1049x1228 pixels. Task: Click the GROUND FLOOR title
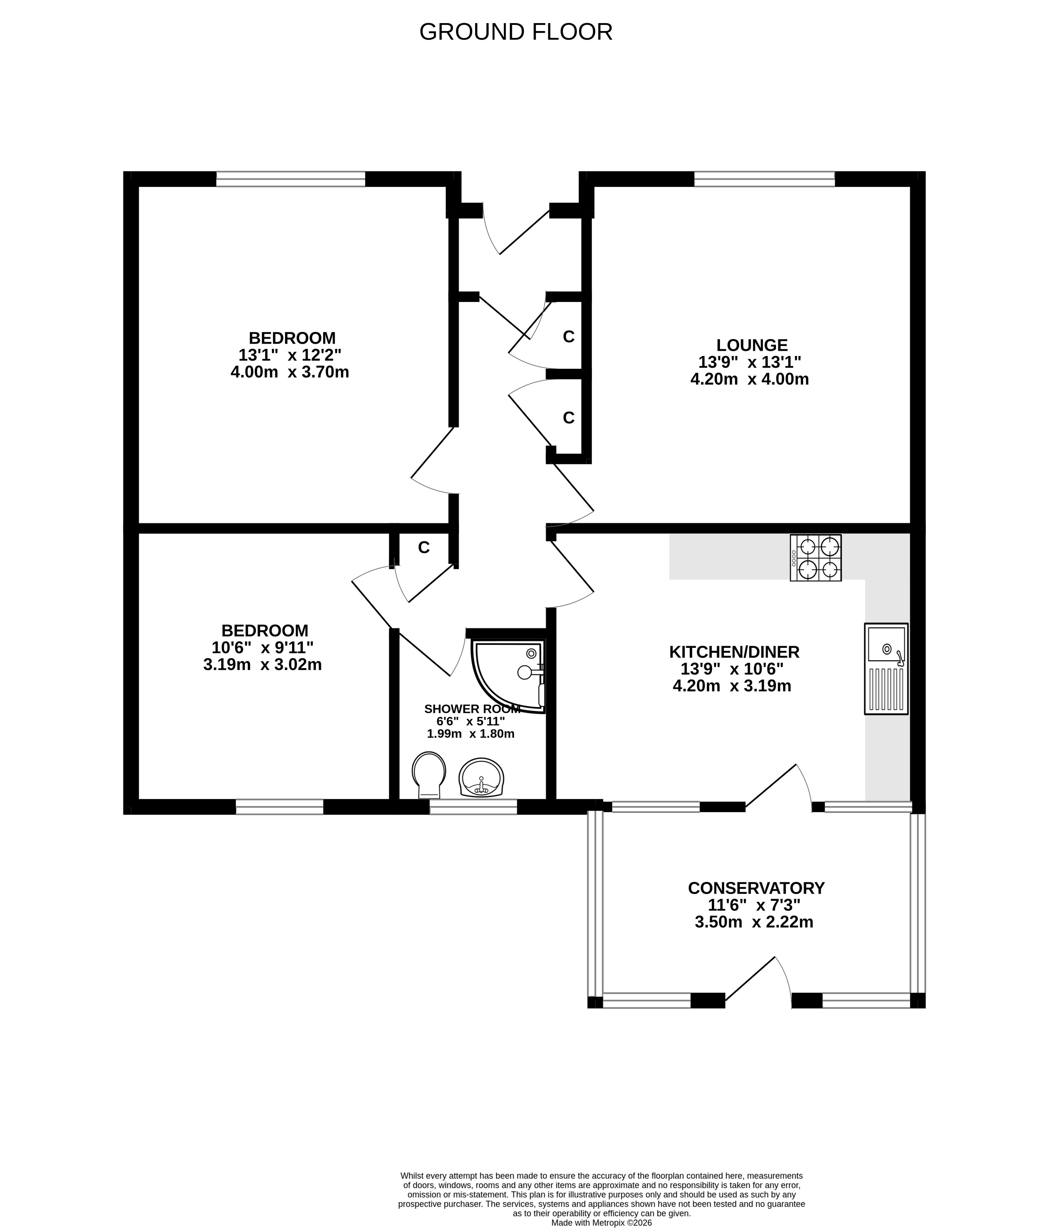click(515, 32)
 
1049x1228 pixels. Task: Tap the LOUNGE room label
click(751, 345)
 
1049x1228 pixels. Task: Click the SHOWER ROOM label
click(472, 709)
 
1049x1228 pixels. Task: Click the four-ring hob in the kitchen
click(816, 558)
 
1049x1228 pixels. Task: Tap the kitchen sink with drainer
click(886, 668)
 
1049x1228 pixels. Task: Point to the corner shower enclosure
click(509, 676)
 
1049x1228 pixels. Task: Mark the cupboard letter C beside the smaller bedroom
click(424, 548)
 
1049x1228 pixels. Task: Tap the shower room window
click(473, 807)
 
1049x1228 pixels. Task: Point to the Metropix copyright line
click(602, 1223)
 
